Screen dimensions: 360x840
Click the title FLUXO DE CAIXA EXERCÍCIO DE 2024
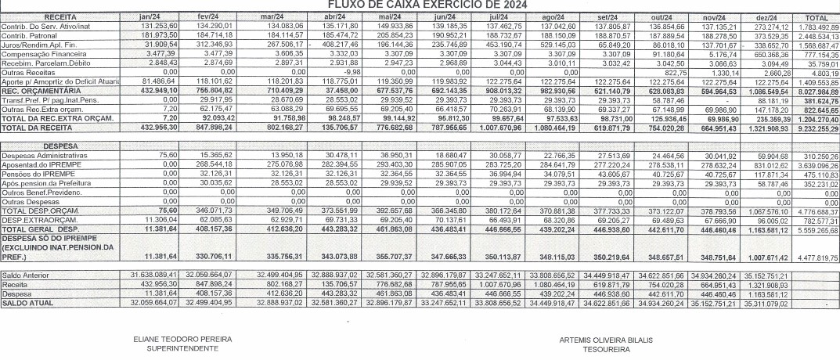tap(420, 5)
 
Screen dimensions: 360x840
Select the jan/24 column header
tap(150, 16)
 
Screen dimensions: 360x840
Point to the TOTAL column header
tap(817, 16)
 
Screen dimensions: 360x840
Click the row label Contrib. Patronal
tap(31, 35)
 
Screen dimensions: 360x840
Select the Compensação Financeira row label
tap(39, 52)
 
